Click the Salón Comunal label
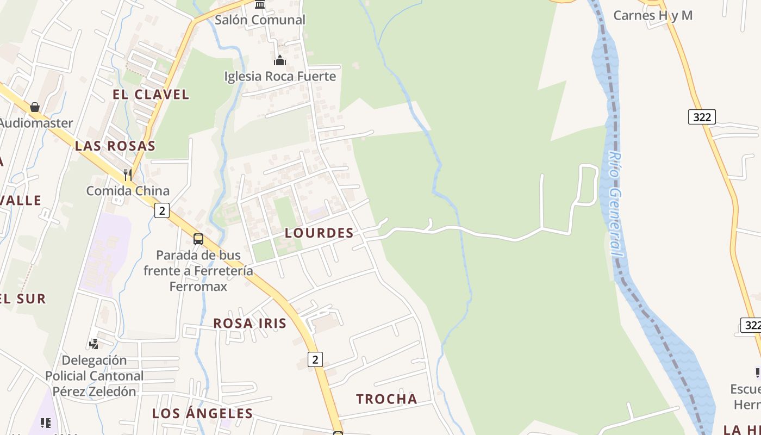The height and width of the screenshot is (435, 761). pyautogui.click(x=260, y=20)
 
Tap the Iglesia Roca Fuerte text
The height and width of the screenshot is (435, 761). pyautogui.click(x=280, y=76)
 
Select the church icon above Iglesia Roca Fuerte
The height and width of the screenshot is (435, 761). pyautogui.click(x=280, y=60)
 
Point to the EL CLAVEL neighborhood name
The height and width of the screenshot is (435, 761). pyautogui.click(x=151, y=94)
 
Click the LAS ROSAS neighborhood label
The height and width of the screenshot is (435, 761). pyautogui.click(x=115, y=146)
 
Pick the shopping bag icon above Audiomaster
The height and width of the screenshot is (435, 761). pyautogui.click(x=35, y=107)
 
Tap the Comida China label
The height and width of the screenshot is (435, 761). pyautogui.click(x=128, y=191)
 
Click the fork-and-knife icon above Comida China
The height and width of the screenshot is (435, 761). pyautogui.click(x=128, y=175)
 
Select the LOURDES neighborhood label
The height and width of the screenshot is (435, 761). pyautogui.click(x=320, y=233)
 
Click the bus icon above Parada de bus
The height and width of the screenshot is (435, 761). pyautogui.click(x=198, y=239)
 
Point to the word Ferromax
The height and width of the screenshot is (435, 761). pyautogui.click(x=198, y=286)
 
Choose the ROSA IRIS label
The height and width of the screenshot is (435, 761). pyautogui.click(x=249, y=323)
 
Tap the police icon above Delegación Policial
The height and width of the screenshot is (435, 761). pyautogui.click(x=94, y=344)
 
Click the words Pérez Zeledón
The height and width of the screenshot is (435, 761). pyautogui.click(x=94, y=391)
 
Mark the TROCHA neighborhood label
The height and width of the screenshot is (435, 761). pyautogui.click(x=386, y=399)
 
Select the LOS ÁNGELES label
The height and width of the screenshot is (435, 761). pyautogui.click(x=202, y=413)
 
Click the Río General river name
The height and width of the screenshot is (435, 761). pyautogui.click(x=615, y=204)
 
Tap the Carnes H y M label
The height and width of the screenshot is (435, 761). pyautogui.click(x=653, y=15)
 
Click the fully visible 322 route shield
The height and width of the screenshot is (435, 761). pyautogui.click(x=701, y=116)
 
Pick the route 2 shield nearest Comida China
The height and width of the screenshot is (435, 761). pyautogui.click(x=161, y=210)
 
